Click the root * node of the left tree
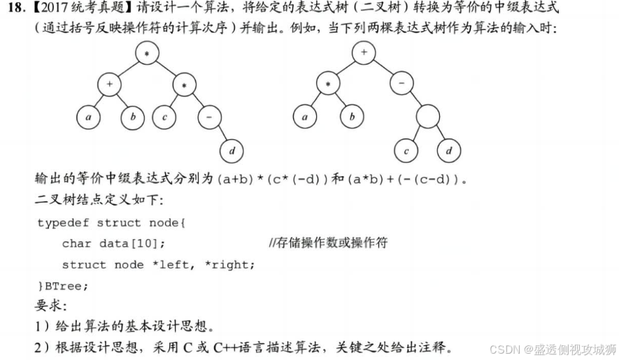point(148,55)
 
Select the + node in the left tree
point(109,85)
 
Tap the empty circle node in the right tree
point(427,116)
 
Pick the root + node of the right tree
point(363,52)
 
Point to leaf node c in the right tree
point(406,150)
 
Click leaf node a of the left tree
point(89,117)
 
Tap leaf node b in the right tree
point(352,117)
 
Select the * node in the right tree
point(327,85)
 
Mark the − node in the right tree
point(401,85)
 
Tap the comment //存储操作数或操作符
point(328,243)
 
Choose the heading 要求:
point(50,305)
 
